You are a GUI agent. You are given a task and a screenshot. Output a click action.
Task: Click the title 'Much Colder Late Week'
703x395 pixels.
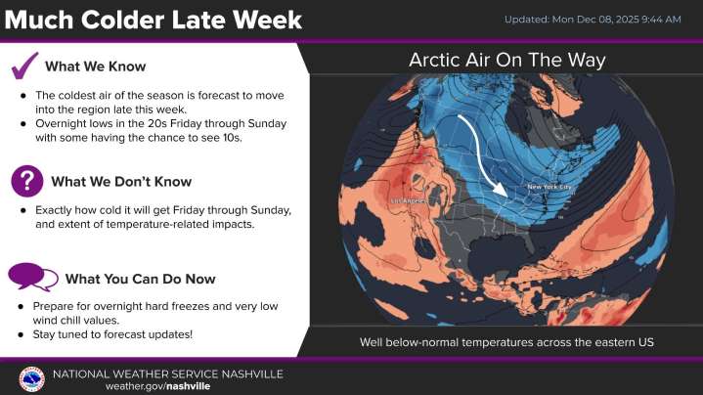pos(152,20)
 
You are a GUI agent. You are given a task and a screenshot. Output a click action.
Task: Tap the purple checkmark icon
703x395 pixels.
pos(24,66)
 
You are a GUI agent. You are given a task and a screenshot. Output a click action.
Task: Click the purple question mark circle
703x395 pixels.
pos(26,181)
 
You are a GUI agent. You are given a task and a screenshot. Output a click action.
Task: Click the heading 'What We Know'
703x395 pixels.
pos(95,66)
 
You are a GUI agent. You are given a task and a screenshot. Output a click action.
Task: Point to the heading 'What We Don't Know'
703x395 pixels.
pos(121,181)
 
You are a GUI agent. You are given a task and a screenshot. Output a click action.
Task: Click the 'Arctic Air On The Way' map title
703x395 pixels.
pos(506,61)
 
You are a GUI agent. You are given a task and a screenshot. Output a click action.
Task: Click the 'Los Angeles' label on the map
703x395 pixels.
pos(410,201)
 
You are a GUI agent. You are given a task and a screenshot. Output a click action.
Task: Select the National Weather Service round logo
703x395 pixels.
pos(31,378)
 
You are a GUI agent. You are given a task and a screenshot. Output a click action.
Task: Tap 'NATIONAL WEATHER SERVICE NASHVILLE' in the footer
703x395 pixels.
pos(167,373)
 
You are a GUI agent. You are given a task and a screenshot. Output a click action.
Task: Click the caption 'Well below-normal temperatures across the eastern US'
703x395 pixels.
pos(505,342)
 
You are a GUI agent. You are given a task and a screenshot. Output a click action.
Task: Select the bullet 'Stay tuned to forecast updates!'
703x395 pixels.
pos(113,334)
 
